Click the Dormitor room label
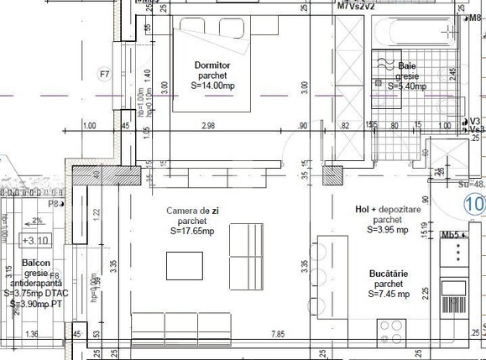click(211, 65)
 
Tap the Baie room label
click(406, 65)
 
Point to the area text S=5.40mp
click(406, 86)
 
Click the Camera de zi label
click(191, 211)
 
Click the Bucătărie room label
click(389, 274)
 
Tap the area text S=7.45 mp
click(389, 295)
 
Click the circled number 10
click(474, 204)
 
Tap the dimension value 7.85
click(277, 334)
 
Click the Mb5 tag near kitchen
click(450, 237)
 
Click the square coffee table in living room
click(184, 265)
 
